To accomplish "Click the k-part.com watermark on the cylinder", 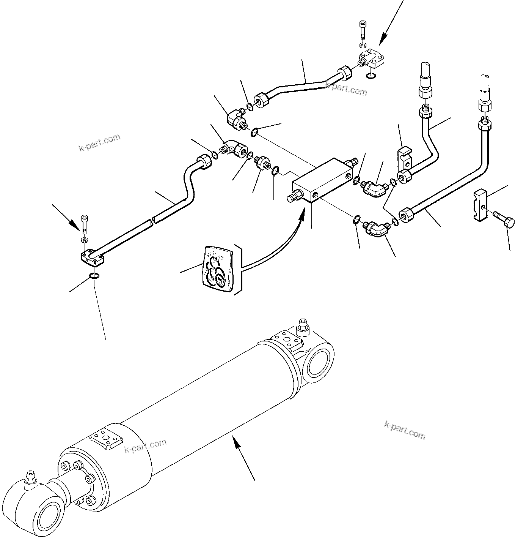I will coord(146,446).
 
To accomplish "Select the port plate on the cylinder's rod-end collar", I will coord(106,440).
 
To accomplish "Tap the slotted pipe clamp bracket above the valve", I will coord(405,158).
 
